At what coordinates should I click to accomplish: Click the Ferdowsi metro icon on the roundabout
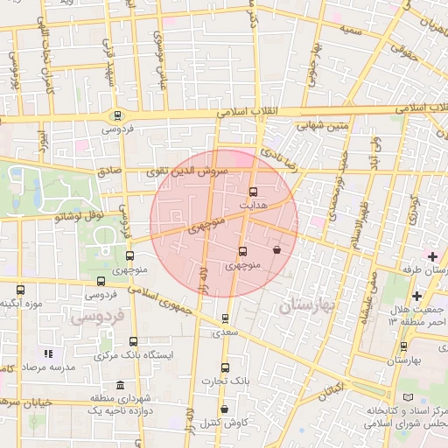(x=116, y=115)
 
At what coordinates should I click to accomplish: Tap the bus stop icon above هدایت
(x=254, y=192)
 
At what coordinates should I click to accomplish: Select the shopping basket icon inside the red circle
(x=276, y=250)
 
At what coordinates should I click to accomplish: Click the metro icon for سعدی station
(x=226, y=319)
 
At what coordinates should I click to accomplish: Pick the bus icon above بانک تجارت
(x=225, y=368)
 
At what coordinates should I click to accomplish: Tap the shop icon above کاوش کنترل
(x=224, y=409)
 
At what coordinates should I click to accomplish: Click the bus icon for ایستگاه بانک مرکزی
(x=133, y=342)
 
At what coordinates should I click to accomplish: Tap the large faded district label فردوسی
(x=105, y=314)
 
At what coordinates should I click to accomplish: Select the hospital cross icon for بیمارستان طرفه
(x=432, y=255)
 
